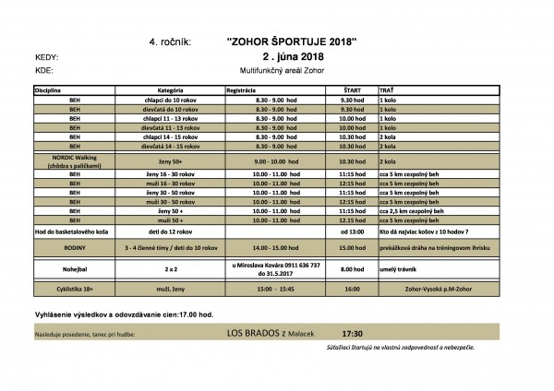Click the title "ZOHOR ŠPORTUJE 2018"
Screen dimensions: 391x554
(x=290, y=41)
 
